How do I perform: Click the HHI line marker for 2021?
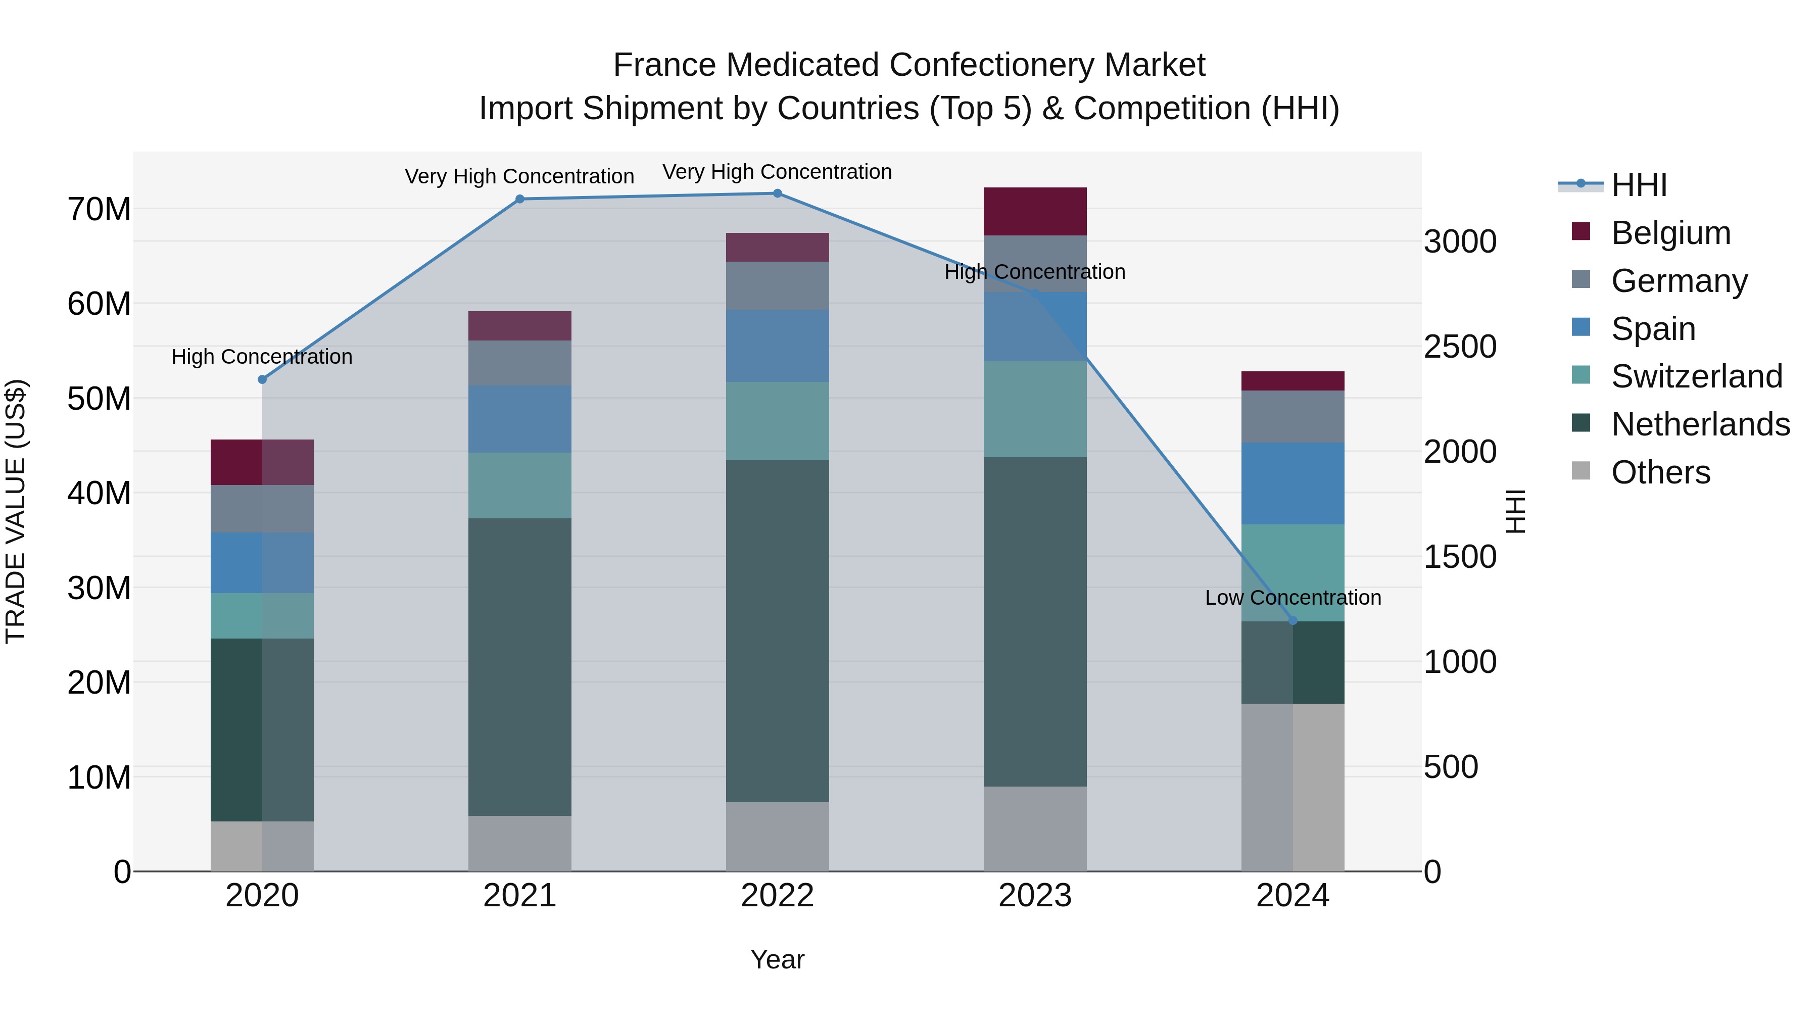(x=520, y=199)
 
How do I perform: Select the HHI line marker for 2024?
(x=1293, y=620)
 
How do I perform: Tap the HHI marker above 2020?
(x=262, y=379)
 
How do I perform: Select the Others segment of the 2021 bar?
(x=520, y=843)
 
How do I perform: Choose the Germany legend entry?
(x=1679, y=281)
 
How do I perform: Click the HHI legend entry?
(x=1638, y=185)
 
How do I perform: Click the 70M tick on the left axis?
(x=99, y=210)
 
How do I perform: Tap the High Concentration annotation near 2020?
(x=262, y=357)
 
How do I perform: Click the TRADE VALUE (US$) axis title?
(x=16, y=511)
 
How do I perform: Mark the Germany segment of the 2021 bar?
(x=520, y=363)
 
